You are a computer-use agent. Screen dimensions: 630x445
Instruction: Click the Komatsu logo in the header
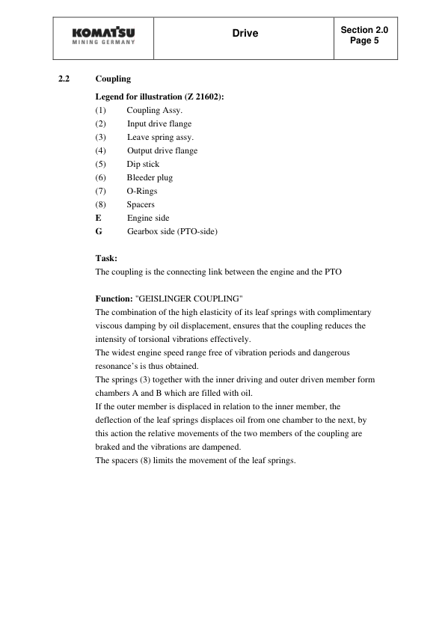click(105, 37)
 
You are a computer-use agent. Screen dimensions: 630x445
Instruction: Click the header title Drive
click(245, 34)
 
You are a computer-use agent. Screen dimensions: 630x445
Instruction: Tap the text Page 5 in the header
click(364, 41)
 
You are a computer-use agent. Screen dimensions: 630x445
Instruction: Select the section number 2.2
click(64, 79)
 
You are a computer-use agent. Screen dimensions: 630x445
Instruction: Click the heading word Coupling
click(113, 79)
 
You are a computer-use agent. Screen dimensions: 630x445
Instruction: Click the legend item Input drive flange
click(159, 124)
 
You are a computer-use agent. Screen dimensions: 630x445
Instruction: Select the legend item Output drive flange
click(162, 151)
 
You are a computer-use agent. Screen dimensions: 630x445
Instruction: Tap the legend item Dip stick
click(143, 165)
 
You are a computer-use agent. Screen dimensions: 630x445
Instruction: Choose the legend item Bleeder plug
click(150, 178)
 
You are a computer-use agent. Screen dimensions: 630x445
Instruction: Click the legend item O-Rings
click(142, 192)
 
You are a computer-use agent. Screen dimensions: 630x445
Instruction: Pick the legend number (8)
click(101, 205)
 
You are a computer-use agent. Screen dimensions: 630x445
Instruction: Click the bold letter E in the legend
click(99, 218)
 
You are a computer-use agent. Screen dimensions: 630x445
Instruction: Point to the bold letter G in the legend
click(99, 232)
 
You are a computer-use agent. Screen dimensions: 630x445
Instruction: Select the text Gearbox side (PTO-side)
click(172, 232)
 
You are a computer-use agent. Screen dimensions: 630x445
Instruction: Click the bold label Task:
click(107, 258)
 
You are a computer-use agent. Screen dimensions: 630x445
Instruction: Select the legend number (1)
click(101, 111)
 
